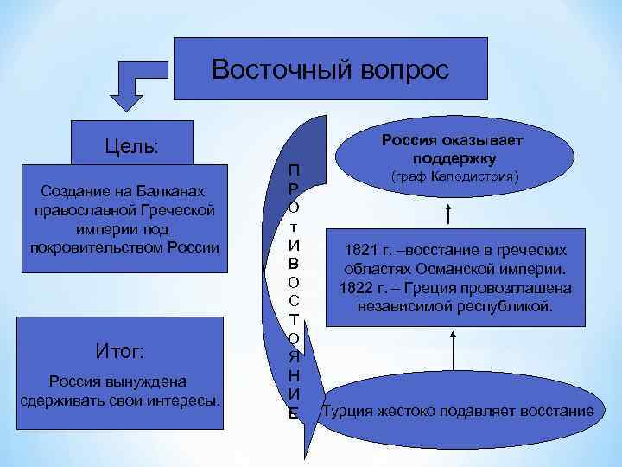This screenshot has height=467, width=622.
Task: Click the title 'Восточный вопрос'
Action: [x=331, y=69]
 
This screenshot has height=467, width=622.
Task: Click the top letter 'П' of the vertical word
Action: [x=295, y=169]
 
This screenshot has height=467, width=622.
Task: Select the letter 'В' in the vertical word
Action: [x=294, y=262]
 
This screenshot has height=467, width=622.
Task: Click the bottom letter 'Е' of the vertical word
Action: [x=294, y=413]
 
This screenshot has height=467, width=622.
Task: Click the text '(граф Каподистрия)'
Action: [x=454, y=176]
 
